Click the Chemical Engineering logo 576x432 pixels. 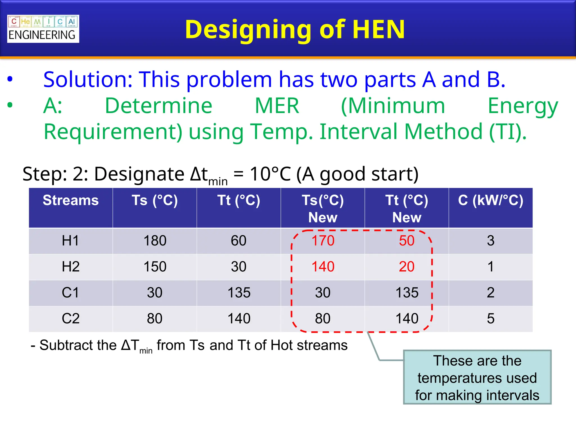coord(43,29)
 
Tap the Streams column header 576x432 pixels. coord(71,201)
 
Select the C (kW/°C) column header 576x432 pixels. coord(490,201)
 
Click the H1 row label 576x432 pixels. coord(70,241)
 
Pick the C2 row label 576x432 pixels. coord(71,319)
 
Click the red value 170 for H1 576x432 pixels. coord(323,241)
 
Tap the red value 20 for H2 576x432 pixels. coord(407,267)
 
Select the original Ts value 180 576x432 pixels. coord(155,241)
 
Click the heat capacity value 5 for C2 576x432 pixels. coord(490,319)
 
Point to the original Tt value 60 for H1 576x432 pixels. coord(238,241)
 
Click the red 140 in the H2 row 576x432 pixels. coord(323,267)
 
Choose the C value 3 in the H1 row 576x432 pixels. coord(490,241)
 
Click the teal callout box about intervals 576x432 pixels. coord(477,377)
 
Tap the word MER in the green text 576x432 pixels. coord(277,106)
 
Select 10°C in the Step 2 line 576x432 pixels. coord(270,174)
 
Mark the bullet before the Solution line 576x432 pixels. coord(10,79)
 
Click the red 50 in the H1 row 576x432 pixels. coord(407,241)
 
